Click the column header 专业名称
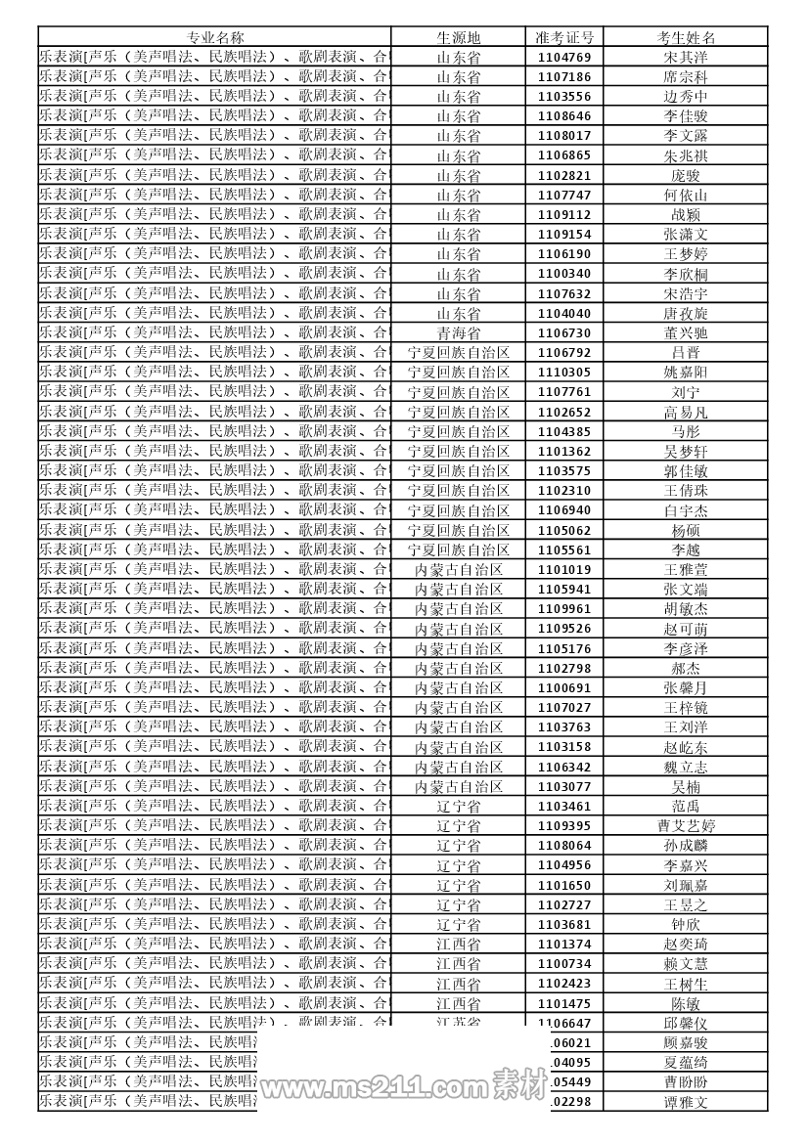(215, 37)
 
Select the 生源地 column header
(458, 37)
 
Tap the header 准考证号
(564, 37)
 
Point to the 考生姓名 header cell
(686, 37)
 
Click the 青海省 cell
(458, 333)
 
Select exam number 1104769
(564, 57)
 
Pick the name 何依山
(686, 196)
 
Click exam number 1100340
(564, 274)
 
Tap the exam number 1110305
(564, 373)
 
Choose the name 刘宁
(686, 392)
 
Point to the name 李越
(686, 550)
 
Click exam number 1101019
(564, 570)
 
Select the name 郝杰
(686, 669)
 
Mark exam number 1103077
(564, 787)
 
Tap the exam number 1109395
(564, 826)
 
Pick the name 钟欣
(686, 925)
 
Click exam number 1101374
(564, 945)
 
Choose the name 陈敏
(686, 1004)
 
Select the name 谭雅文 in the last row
(686, 1102)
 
